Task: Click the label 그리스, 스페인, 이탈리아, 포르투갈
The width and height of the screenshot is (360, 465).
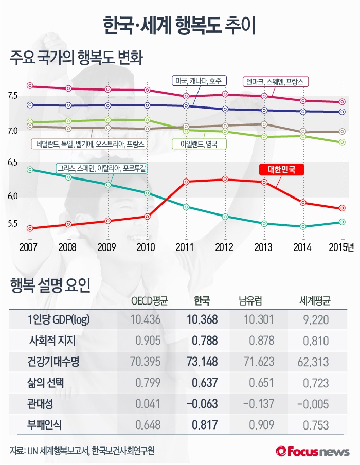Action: [x=103, y=168]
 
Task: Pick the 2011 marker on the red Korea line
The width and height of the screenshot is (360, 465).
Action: [x=186, y=182]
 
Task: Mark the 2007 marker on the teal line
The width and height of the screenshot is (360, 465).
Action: [x=30, y=169]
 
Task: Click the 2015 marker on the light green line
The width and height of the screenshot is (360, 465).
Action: [x=342, y=142]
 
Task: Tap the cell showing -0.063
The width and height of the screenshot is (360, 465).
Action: [x=201, y=403]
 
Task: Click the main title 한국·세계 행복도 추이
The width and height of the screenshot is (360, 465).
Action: [x=179, y=24]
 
